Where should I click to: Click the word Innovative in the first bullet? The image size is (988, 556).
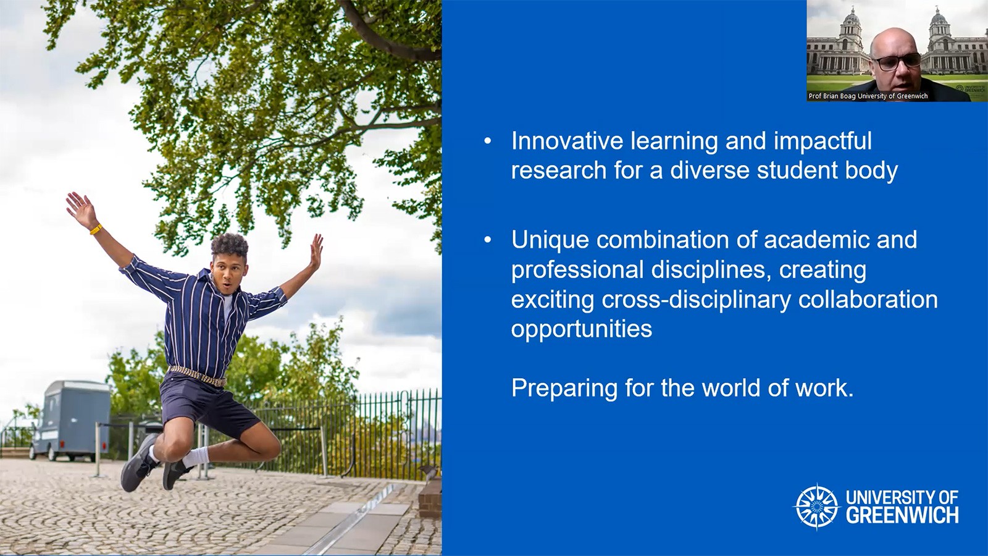[567, 141]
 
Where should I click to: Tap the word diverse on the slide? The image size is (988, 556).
[710, 171]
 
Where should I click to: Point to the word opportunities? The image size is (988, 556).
[582, 330]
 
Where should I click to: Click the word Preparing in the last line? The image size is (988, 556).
[564, 389]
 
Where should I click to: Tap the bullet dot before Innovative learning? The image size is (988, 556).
[487, 141]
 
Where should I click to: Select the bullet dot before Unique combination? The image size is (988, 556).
[487, 240]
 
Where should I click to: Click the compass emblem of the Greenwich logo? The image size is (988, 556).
[817, 507]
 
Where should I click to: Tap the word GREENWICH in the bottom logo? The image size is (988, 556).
[902, 515]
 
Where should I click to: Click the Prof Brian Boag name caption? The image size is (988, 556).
[868, 96]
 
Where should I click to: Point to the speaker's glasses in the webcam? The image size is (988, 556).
[898, 61]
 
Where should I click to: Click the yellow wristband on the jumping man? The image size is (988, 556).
[96, 229]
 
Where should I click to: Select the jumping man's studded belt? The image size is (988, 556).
[197, 376]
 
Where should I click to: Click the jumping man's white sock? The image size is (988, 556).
[195, 457]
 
